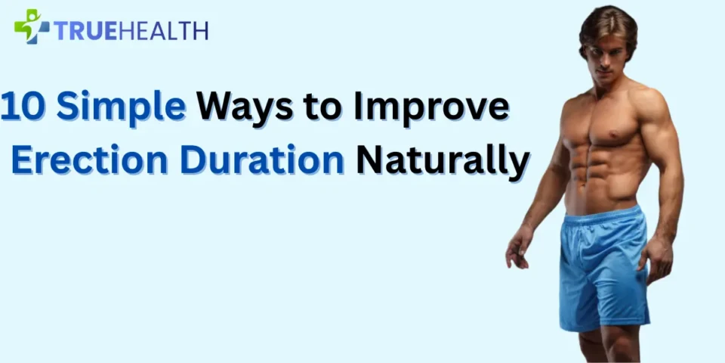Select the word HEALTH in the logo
pos(165,30)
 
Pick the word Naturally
pos(441,160)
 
